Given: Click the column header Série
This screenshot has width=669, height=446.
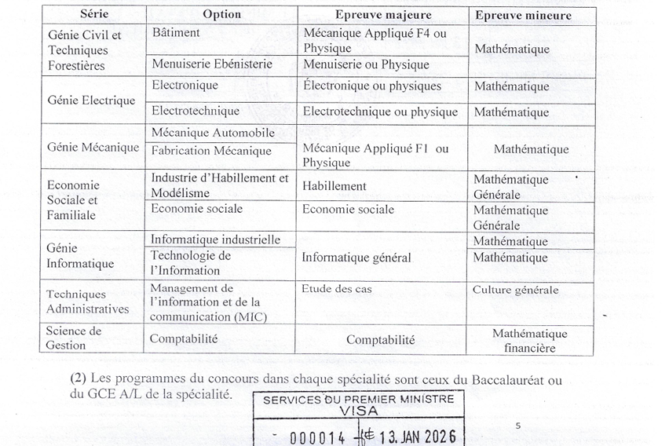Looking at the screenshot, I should click(x=93, y=15).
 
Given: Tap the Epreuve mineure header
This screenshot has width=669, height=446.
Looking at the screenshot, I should click(x=523, y=15).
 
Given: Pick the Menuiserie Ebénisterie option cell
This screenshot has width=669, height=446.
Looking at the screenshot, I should click(x=212, y=64).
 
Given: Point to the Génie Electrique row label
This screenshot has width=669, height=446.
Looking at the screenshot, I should click(x=91, y=101).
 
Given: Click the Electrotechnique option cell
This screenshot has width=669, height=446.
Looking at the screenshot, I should click(x=196, y=111).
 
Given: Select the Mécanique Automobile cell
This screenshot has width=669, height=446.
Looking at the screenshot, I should click(x=213, y=133).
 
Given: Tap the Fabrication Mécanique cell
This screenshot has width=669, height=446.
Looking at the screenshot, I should click(x=211, y=150).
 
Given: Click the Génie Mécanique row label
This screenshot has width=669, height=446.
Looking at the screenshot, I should click(x=93, y=147).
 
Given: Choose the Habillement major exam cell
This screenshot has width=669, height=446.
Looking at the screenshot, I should click(x=334, y=186).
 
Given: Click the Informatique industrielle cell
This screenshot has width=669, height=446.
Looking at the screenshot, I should click(x=215, y=239).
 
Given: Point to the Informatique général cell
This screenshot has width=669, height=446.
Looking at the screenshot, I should click(x=356, y=257).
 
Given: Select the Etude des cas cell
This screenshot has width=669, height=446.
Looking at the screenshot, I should click(x=337, y=289).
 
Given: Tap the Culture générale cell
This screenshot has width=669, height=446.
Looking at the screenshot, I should click(x=515, y=290).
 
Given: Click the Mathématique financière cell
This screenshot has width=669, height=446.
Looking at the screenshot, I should click(x=529, y=341).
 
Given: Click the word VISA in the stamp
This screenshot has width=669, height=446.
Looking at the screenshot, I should click(x=358, y=411).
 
